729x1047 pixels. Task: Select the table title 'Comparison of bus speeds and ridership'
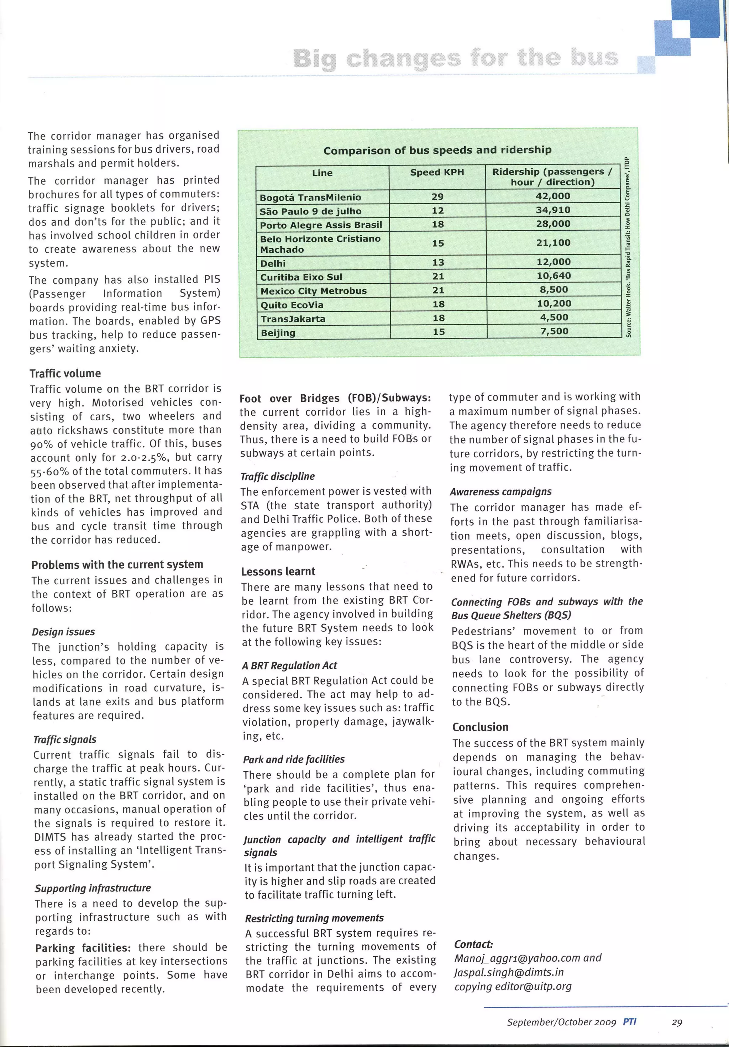(437, 150)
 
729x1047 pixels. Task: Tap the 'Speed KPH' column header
(436, 172)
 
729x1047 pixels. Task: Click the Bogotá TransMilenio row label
(310, 198)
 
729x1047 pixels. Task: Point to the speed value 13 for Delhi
(438, 262)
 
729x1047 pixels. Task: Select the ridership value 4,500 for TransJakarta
(554, 317)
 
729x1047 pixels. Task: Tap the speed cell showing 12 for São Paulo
(437, 211)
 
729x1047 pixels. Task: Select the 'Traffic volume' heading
(65, 373)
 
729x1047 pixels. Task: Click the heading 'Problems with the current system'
(117, 564)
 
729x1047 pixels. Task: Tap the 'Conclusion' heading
(480, 727)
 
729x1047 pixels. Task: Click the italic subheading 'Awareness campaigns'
(500, 491)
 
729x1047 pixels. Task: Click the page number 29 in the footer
(677, 1022)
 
